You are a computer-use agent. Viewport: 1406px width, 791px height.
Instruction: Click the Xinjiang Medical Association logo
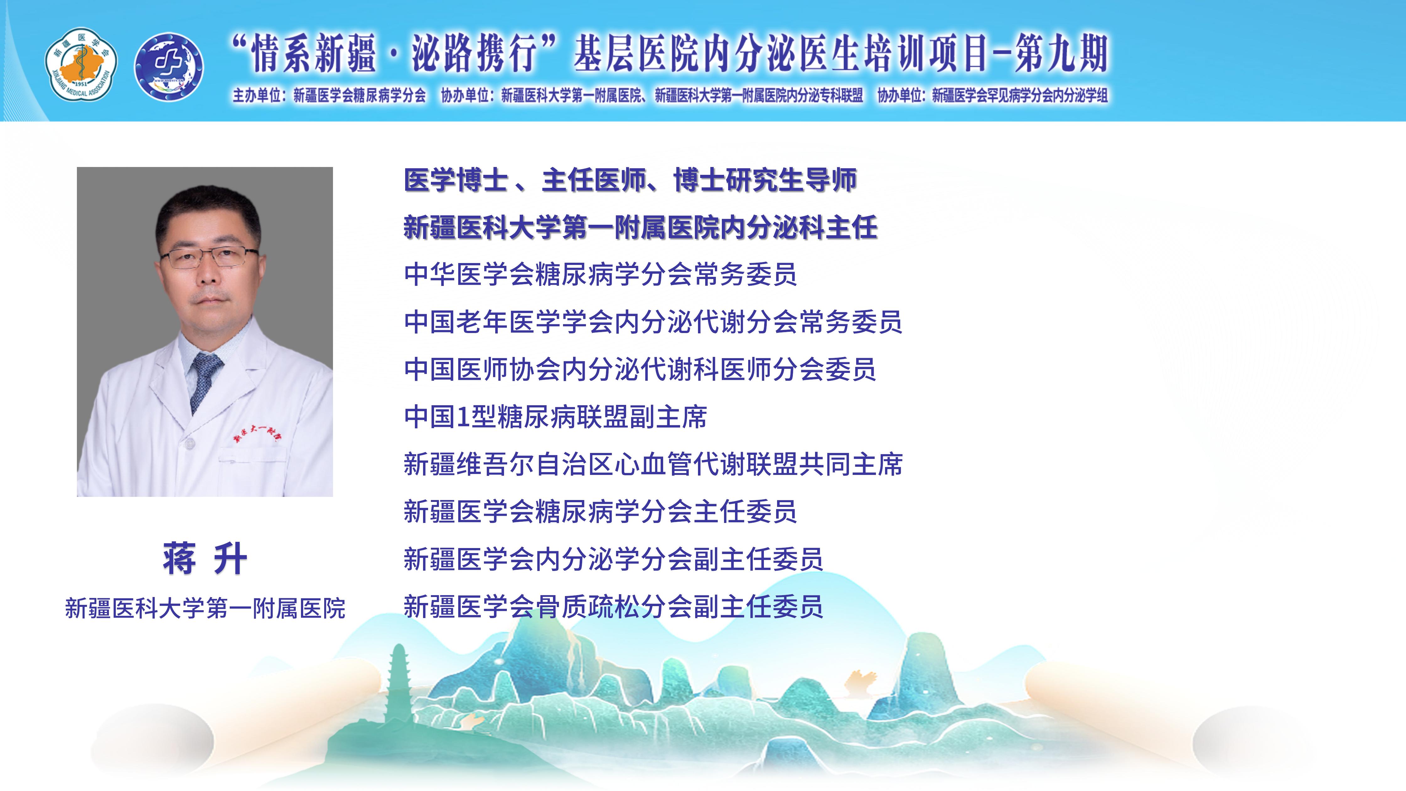click(80, 64)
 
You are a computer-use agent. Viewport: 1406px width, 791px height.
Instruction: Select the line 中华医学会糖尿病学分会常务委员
click(600, 274)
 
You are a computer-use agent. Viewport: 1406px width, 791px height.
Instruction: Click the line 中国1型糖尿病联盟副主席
click(555, 417)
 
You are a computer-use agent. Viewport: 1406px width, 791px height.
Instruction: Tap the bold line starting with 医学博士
click(631, 180)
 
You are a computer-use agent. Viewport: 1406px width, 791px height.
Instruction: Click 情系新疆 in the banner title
click(314, 53)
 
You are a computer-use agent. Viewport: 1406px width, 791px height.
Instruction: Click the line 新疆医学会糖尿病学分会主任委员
click(600, 512)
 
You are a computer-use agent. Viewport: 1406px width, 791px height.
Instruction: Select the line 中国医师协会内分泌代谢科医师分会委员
click(640, 369)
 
